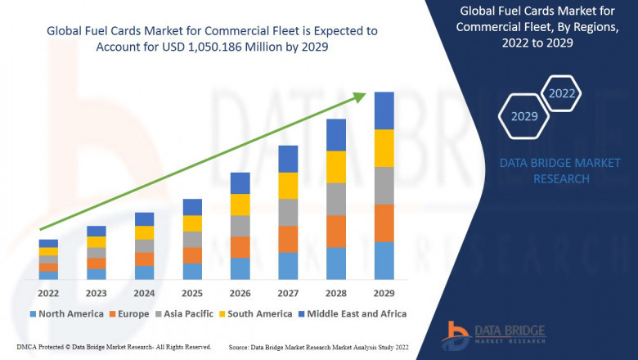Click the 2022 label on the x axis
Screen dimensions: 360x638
coord(48,292)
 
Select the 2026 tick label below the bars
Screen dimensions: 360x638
coord(240,292)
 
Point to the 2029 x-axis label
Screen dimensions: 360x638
coord(384,292)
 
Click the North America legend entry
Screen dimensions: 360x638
coord(66,313)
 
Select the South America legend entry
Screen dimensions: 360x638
coord(258,313)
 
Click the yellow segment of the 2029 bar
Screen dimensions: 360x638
coord(384,148)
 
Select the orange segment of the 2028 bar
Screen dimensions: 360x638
coord(336,231)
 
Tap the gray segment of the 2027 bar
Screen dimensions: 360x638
coord(288,212)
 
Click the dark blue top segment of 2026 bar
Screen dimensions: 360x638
coord(240,182)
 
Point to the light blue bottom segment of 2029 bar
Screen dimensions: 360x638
coord(384,260)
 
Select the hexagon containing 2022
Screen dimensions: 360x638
coord(562,93)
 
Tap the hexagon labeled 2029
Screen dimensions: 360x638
coord(524,116)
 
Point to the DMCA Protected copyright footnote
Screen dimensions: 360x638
coord(114,347)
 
